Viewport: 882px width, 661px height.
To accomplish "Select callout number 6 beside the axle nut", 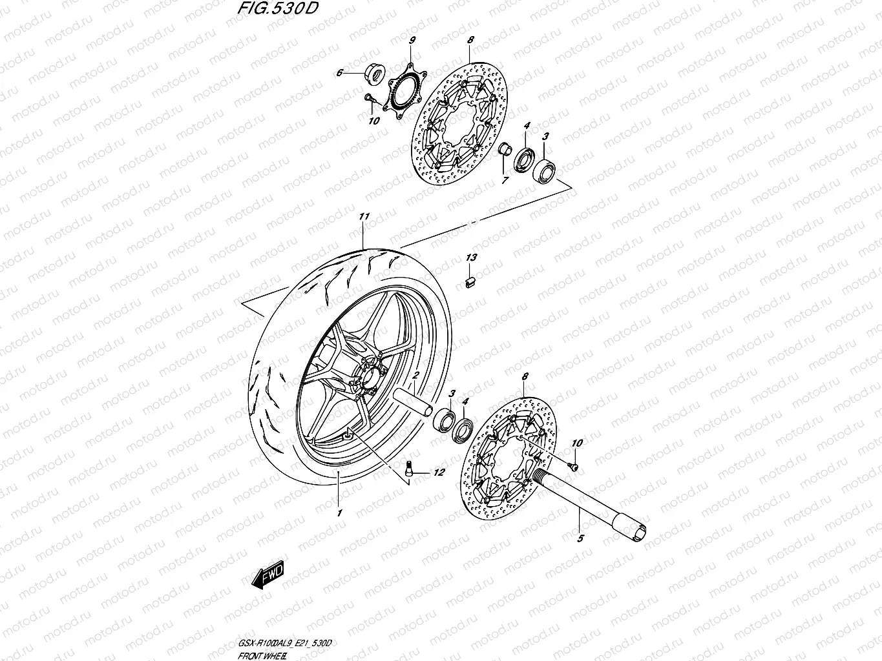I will pos(339,74).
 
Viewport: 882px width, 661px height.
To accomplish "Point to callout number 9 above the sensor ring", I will pos(411,41).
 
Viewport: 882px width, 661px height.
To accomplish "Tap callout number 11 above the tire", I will pos(363,218).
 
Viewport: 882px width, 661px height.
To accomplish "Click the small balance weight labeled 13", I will pos(471,280).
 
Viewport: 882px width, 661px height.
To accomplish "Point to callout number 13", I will pos(471,258).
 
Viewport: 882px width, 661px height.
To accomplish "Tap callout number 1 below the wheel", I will pos(338,513).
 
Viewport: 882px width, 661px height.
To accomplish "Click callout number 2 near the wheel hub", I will pos(417,375).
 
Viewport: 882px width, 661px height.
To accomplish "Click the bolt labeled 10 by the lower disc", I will pos(572,464).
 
